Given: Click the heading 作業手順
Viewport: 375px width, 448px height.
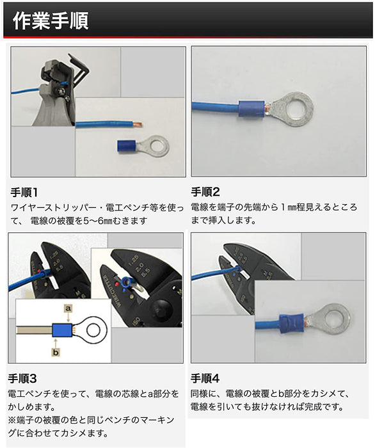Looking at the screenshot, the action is (51, 21).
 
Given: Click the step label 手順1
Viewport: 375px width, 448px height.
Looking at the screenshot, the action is (24, 192).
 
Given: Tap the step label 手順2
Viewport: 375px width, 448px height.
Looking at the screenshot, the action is (205, 192).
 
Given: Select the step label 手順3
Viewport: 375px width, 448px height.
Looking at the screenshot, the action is (22, 379).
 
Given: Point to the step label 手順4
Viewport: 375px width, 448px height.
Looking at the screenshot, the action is (205, 378).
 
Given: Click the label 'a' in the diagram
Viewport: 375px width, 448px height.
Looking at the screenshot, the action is (68, 308).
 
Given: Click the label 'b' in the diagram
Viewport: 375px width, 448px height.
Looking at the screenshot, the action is (56, 352).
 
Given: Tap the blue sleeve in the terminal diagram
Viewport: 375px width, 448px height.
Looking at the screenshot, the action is (62, 330).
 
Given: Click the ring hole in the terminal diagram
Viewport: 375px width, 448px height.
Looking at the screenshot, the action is (93, 330).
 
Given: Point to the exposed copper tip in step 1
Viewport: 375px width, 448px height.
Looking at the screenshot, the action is (138, 125).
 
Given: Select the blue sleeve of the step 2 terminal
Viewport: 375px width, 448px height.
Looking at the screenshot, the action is (251, 109).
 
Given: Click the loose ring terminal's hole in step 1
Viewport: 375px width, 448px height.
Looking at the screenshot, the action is (157, 146).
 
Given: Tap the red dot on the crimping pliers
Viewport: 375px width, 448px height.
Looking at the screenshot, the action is (117, 285).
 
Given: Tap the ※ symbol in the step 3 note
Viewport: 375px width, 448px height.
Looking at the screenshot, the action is (12, 420).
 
